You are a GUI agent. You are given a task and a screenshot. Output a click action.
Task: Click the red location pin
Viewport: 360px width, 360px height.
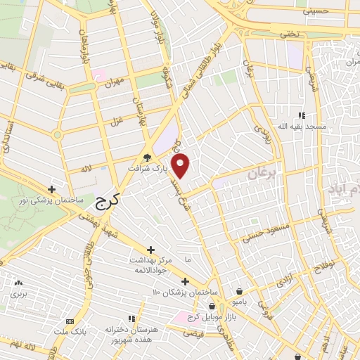click(x=181, y=166)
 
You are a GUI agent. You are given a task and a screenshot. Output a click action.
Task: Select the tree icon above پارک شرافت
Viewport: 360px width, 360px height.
click(x=147, y=157)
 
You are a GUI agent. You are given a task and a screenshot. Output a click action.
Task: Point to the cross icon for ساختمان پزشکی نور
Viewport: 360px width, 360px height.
click(x=51, y=189)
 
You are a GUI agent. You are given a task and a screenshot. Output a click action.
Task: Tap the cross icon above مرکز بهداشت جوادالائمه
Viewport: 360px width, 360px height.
click(x=151, y=250)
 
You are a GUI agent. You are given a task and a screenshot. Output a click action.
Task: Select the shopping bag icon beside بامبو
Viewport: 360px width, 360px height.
click(x=240, y=290)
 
